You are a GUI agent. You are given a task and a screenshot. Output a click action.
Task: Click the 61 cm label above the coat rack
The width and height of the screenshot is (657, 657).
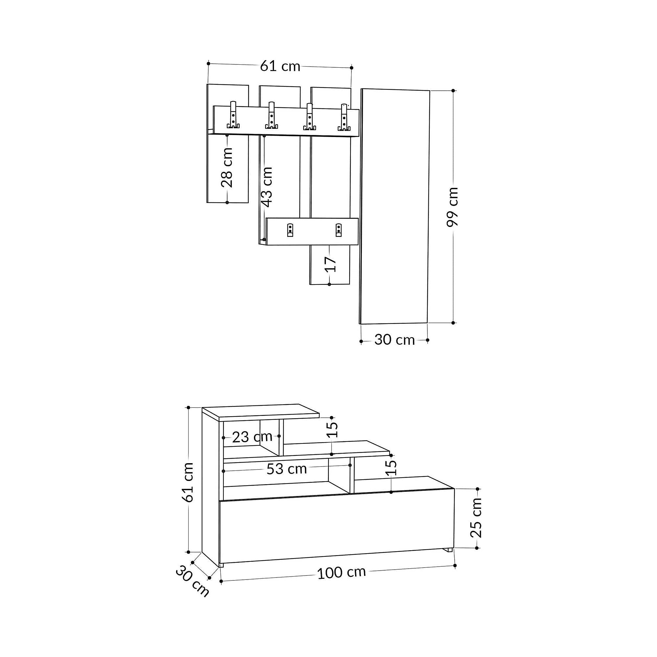tap(280, 66)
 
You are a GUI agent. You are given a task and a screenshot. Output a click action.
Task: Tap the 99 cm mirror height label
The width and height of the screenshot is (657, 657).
tap(453, 207)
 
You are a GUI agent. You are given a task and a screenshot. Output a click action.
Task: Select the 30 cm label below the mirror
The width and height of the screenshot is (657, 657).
tap(395, 340)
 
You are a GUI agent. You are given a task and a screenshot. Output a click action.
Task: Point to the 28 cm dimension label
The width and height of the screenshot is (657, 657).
tap(227, 167)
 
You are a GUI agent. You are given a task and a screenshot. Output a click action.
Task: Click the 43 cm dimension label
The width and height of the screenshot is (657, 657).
tap(267, 187)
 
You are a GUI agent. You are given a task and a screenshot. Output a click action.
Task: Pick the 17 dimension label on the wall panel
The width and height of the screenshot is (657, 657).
tap(330, 264)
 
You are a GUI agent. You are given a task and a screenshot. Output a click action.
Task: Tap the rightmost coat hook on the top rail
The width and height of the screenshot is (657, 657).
tap(344, 117)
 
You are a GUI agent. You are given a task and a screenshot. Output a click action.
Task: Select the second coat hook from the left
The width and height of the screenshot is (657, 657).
tap(271, 115)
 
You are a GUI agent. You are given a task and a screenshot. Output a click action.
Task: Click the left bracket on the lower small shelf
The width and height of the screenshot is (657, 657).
tap(290, 230)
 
